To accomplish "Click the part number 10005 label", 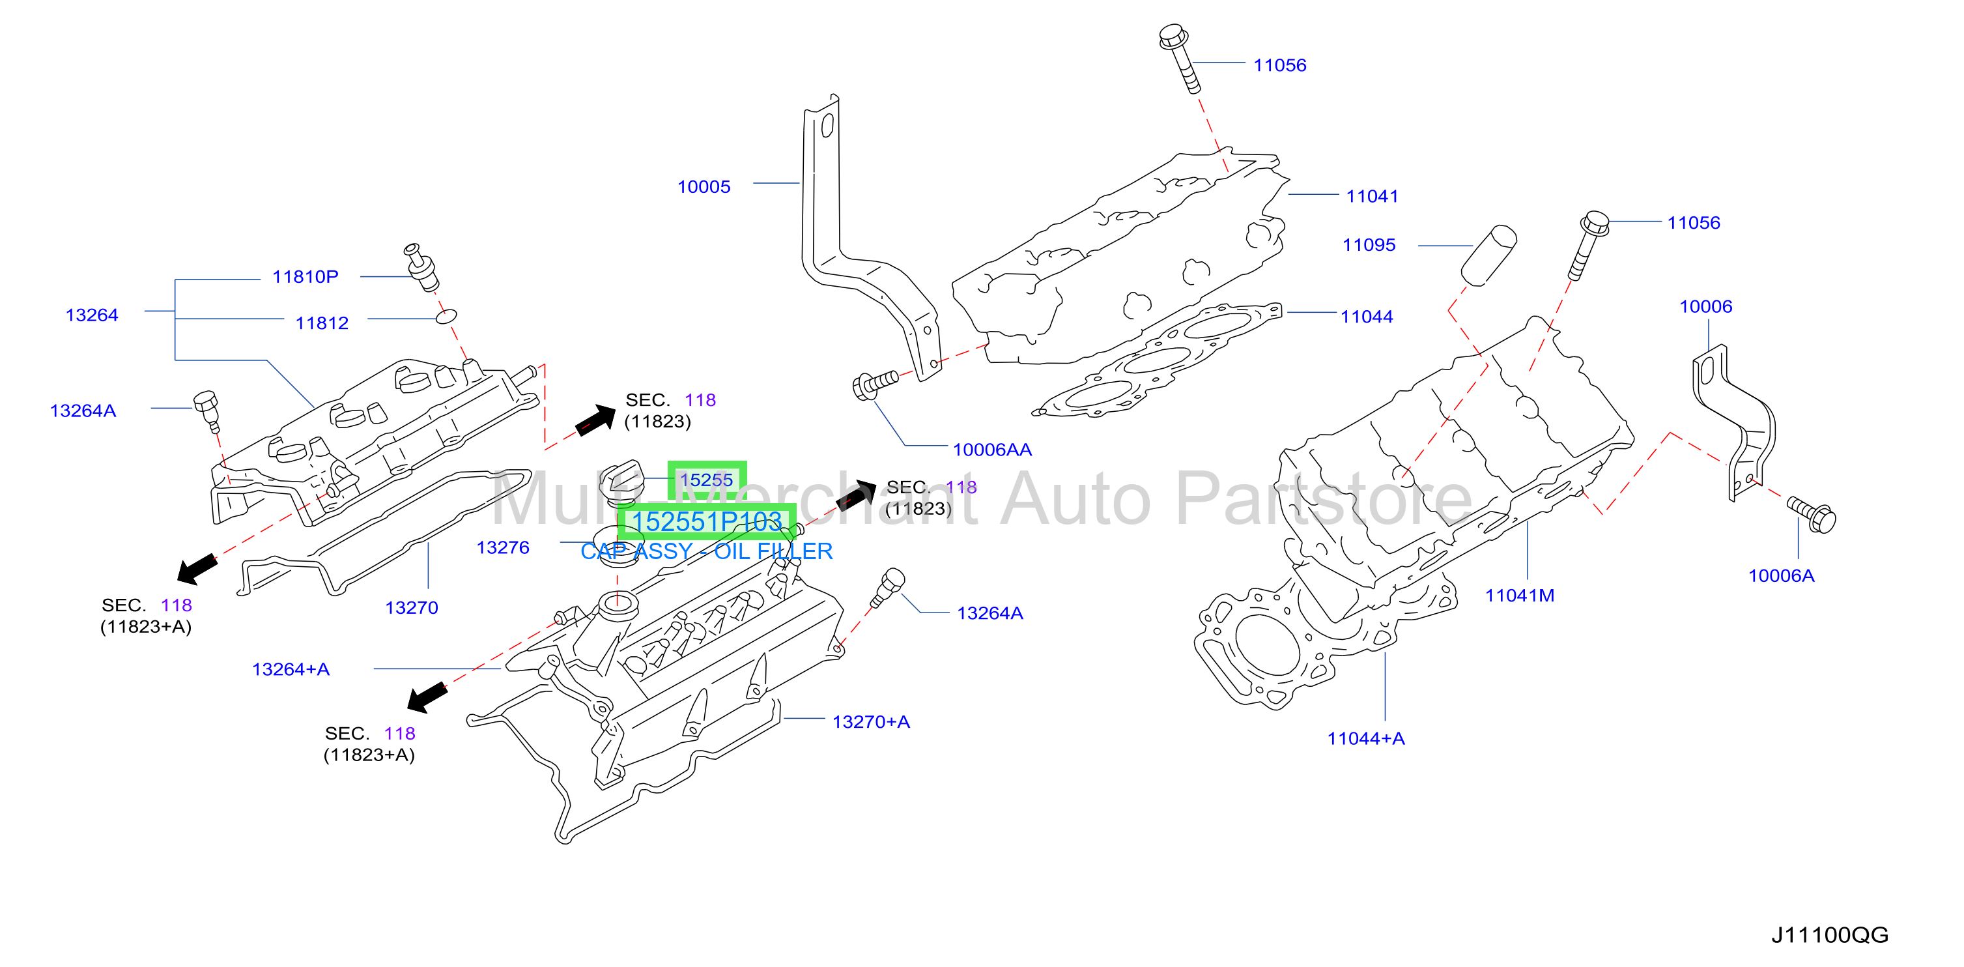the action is click(704, 187).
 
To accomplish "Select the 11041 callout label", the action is click(1372, 196).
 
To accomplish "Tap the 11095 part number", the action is click(1369, 245).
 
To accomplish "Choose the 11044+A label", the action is click(1365, 738).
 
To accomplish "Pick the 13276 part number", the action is click(502, 547).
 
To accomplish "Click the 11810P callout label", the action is click(305, 277).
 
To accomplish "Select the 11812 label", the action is click(322, 323).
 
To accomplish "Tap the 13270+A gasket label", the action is click(871, 721).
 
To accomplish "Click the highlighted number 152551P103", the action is click(707, 522).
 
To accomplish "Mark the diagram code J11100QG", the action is click(1829, 935).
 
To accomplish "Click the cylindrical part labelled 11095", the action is click(1488, 255).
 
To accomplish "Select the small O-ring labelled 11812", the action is click(446, 316).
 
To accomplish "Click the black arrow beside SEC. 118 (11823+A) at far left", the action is click(197, 569).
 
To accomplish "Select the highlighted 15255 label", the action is click(706, 480).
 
